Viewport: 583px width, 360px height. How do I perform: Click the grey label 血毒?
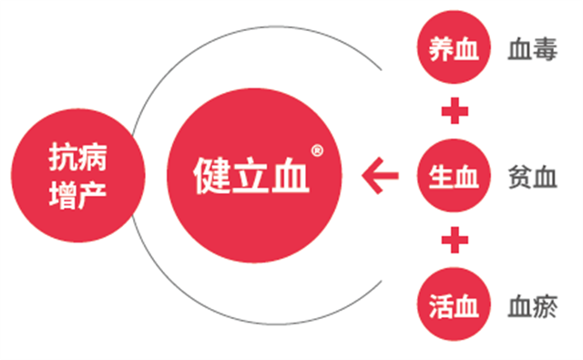(532, 51)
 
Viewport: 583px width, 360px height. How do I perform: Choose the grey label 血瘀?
(532, 303)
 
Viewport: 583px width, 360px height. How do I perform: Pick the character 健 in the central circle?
(211, 173)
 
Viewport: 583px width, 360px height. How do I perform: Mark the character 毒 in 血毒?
(545, 51)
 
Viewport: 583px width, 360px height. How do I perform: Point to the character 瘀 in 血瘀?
(545, 303)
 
